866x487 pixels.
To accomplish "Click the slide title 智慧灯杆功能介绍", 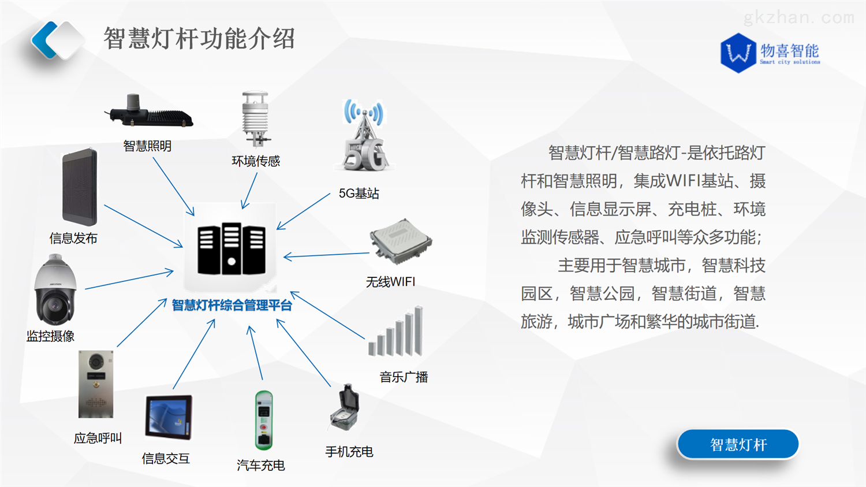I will coord(199,39).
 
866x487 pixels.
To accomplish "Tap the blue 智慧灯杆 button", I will coord(738,444).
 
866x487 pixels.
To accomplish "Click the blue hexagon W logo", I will coord(738,53).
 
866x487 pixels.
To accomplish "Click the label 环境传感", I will coord(256,161).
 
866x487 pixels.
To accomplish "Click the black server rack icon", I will coord(231,248).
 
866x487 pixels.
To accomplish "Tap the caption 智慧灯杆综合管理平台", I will coord(232,305).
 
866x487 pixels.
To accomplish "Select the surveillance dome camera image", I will coord(55,291).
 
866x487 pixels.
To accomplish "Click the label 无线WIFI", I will coord(390,282).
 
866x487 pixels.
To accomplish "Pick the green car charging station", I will coord(264,420).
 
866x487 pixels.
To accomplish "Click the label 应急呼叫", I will coord(98,438).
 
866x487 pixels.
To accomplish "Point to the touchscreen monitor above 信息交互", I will coord(168,417).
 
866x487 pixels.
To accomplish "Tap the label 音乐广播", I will coord(404,377).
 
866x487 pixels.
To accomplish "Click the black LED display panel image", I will coord(80,187).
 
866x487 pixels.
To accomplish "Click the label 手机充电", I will coord(349,452).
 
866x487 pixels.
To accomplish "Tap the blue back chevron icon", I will coord(44,40).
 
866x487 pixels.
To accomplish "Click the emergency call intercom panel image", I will coord(96,384).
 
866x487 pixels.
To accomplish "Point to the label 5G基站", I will coord(359,194).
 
